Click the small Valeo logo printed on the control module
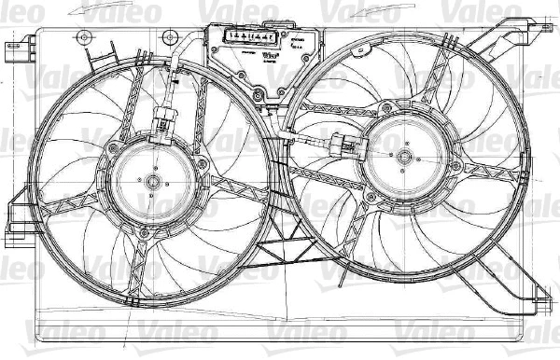269,54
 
